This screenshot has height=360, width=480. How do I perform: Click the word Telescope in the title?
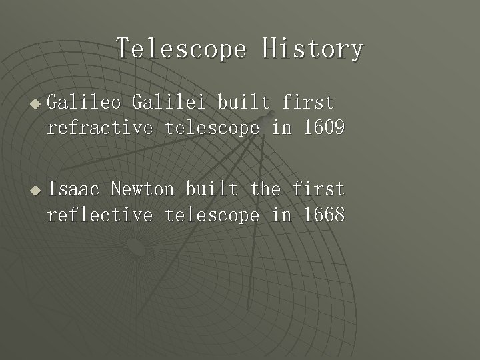(181, 49)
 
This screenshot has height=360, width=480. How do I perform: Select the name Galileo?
(84, 103)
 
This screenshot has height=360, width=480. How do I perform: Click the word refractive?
(100, 128)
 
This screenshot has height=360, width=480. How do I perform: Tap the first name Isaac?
(73, 189)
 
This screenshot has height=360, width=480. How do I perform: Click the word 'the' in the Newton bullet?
(265, 189)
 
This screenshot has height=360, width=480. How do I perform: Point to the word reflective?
(100, 215)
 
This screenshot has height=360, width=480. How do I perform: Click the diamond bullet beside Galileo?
(35, 104)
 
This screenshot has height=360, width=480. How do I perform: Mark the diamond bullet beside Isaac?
(35, 191)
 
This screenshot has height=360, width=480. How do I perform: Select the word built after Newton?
(211, 189)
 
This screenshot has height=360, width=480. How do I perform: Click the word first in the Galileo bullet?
(308, 103)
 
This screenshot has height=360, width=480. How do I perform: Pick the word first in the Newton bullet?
(319, 189)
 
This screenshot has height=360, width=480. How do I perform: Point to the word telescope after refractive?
(212, 128)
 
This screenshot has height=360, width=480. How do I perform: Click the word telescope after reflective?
(212, 215)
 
